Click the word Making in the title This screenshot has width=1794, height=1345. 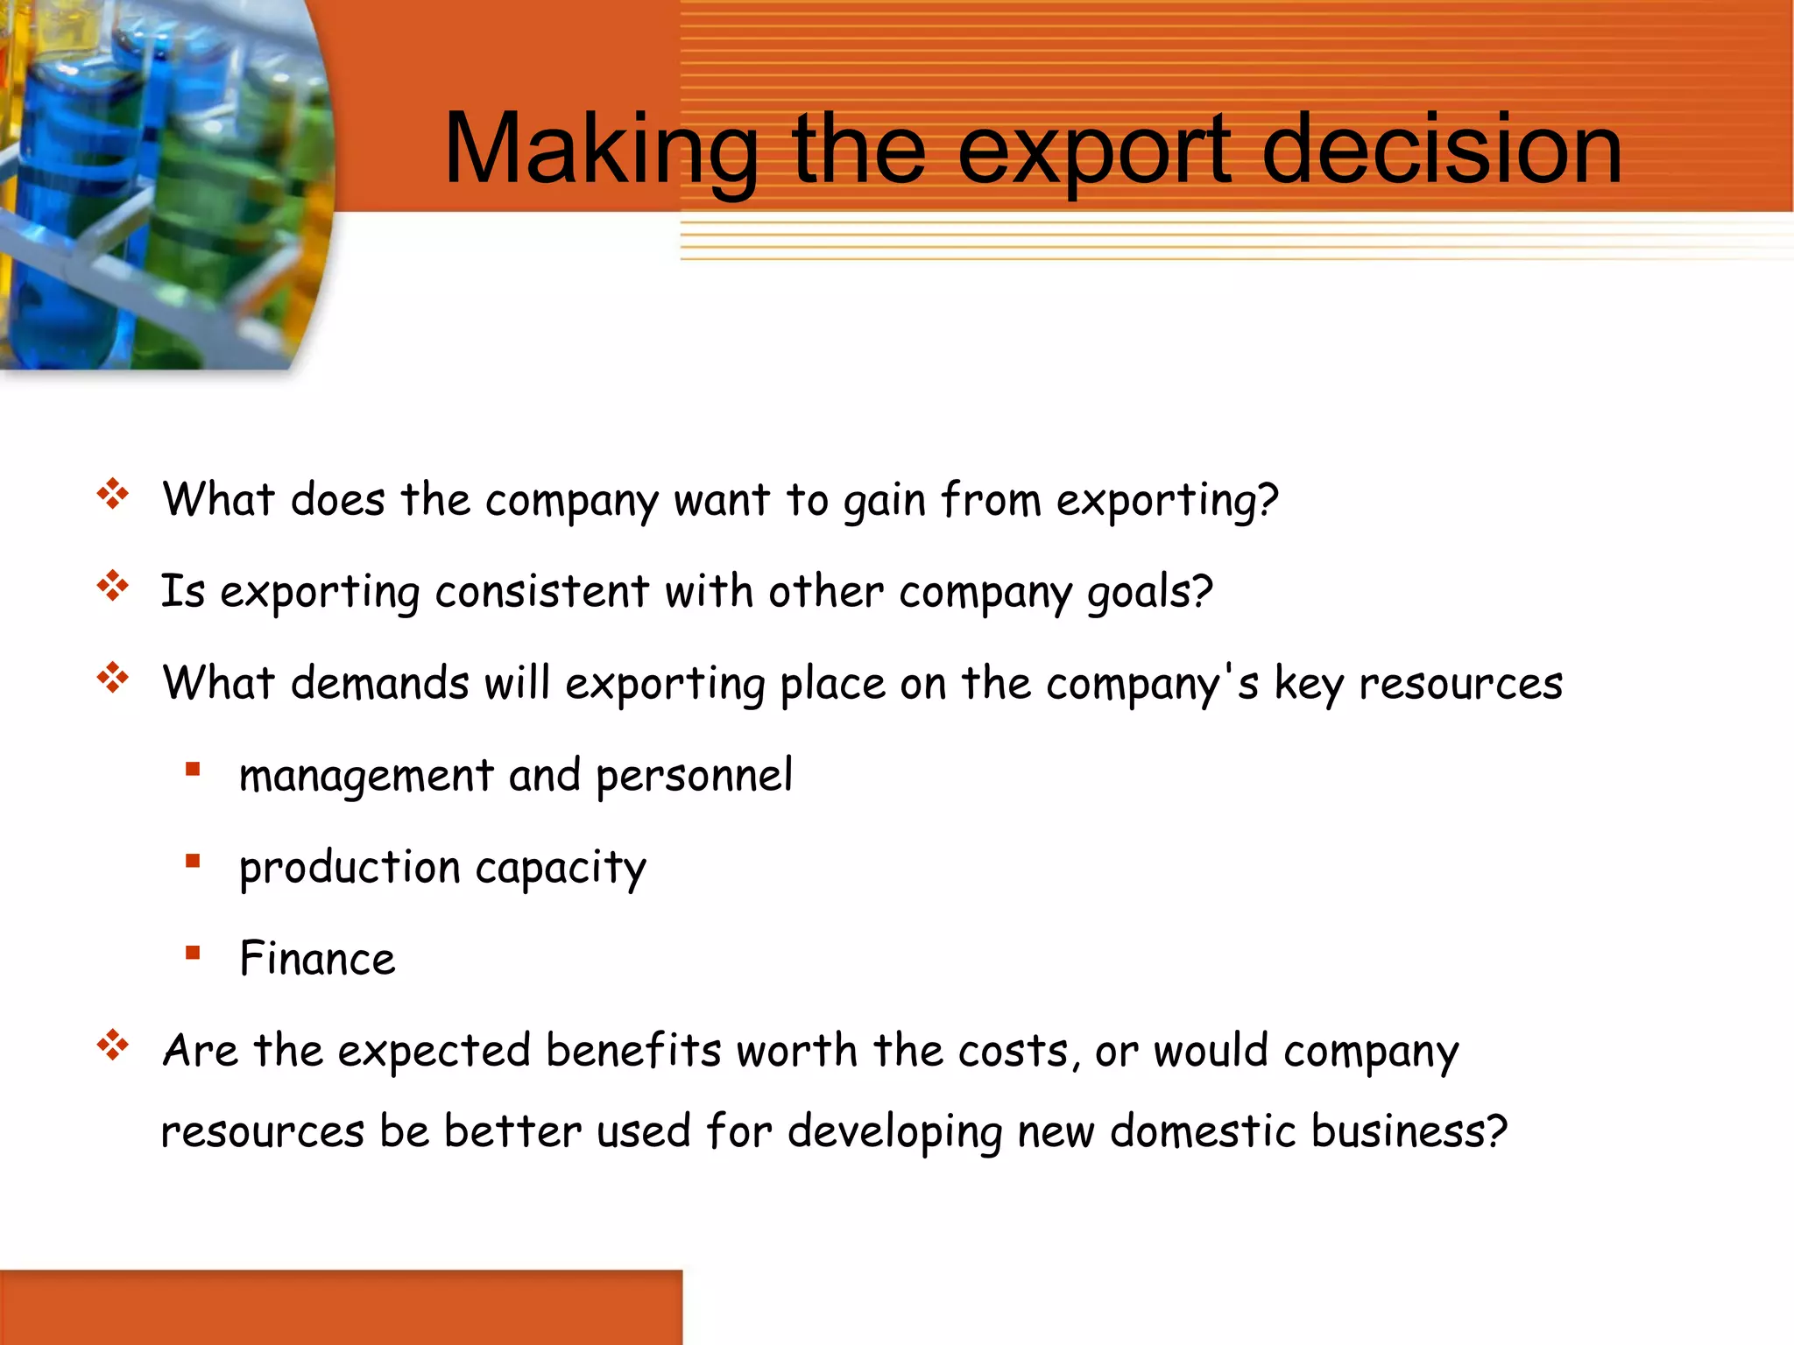pyautogui.click(x=601, y=151)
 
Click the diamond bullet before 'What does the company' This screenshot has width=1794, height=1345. pyautogui.click(x=113, y=495)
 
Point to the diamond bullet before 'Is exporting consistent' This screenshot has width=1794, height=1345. pyautogui.click(x=113, y=586)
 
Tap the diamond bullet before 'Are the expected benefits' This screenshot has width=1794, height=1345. pyautogui.click(x=113, y=1045)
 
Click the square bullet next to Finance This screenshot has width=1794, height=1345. pyautogui.click(x=193, y=952)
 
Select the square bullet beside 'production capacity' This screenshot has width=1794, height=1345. pyautogui.click(x=193, y=861)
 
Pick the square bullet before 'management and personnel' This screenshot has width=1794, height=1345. pyautogui.click(x=193, y=770)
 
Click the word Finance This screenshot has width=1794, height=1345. pyautogui.click(x=317, y=958)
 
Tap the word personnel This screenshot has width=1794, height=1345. pyautogui.click(x=694, y=776)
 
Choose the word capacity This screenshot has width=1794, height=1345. pyautogui.click(x=561, y=869)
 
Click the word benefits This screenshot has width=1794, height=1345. pyautogui.click(x=633, y=1050)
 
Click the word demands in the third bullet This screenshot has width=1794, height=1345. pyautogui.click(x=379, y=683)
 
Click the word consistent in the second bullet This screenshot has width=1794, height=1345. pyautogui.click(x=541, y=591)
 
